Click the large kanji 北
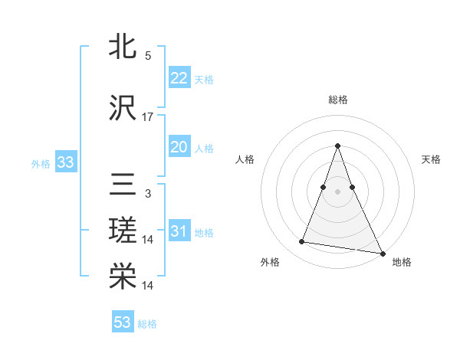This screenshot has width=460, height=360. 123,47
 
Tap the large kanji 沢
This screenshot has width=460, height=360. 123,110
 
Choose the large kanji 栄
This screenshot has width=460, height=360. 123,277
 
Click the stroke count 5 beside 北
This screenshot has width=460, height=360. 148,56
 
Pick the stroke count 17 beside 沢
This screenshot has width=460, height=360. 148,117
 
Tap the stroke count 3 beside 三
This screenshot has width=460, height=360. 148,194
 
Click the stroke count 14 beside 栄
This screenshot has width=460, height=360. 148,286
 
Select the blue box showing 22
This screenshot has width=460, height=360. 179,78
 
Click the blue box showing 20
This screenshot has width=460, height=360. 179,147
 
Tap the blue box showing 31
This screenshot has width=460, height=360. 179,231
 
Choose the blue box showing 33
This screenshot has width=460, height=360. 65,162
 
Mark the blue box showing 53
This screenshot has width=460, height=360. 123,322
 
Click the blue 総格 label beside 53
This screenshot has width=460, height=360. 147,324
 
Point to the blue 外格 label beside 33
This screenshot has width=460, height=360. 41,163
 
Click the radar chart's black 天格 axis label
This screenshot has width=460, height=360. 431,159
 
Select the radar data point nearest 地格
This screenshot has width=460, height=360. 382,253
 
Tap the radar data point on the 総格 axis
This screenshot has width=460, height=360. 337,146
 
